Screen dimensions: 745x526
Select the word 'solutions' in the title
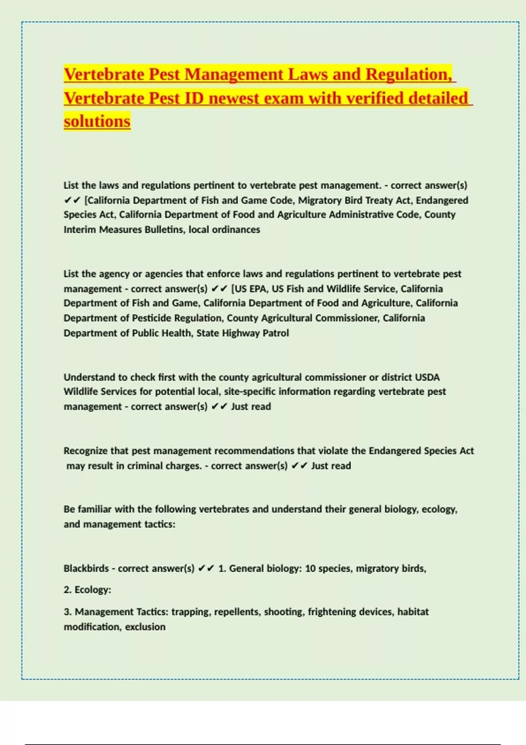pyautogui.click(x=97, y=121)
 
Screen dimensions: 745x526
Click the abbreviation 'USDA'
pyautogui.click(x=427, y=377)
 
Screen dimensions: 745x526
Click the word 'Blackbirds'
pyautogui.click(x=86, y=568)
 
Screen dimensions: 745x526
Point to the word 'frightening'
pyautogui.click(x=332, y=612)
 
